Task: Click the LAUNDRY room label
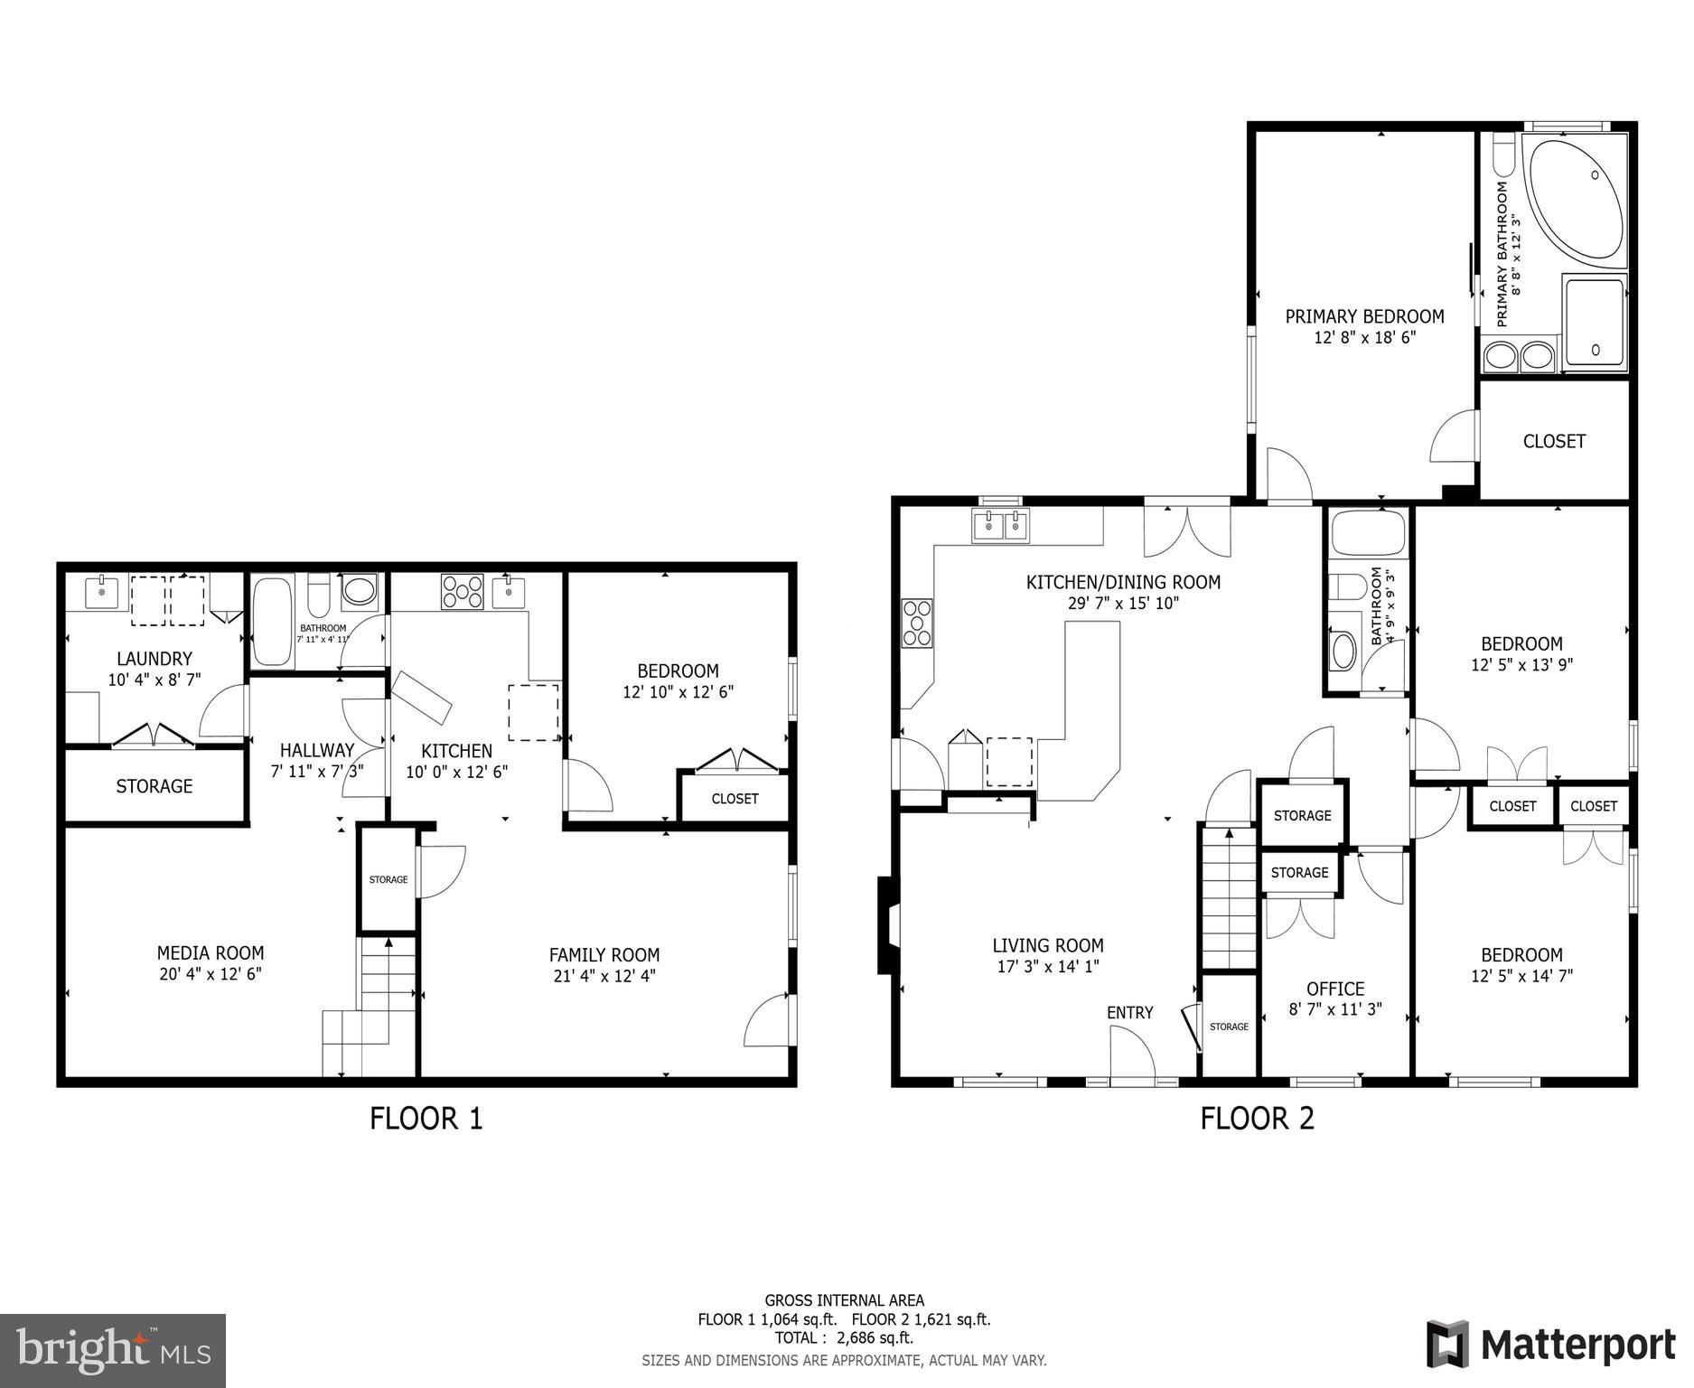click(154, 659)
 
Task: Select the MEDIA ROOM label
click(211, 952)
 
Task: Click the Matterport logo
click(1550, 1345)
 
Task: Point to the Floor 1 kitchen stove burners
click(462, 593)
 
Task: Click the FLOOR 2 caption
click(1257, 1119)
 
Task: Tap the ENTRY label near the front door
click(1129, 1013)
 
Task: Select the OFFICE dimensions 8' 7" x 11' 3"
click(1335, 1009)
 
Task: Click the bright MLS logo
click(113, 1351)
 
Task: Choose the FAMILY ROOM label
click(604, 955)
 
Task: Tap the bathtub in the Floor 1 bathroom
click(272, 622)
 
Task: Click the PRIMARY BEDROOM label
click(1364, 316)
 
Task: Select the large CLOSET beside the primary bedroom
click(1554, 441)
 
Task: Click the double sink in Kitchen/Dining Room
click(1001, 526)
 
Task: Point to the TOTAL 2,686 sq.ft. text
click(844, 1337)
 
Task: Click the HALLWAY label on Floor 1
click(317, 750)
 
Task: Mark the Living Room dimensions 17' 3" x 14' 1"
click(1048, 966)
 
